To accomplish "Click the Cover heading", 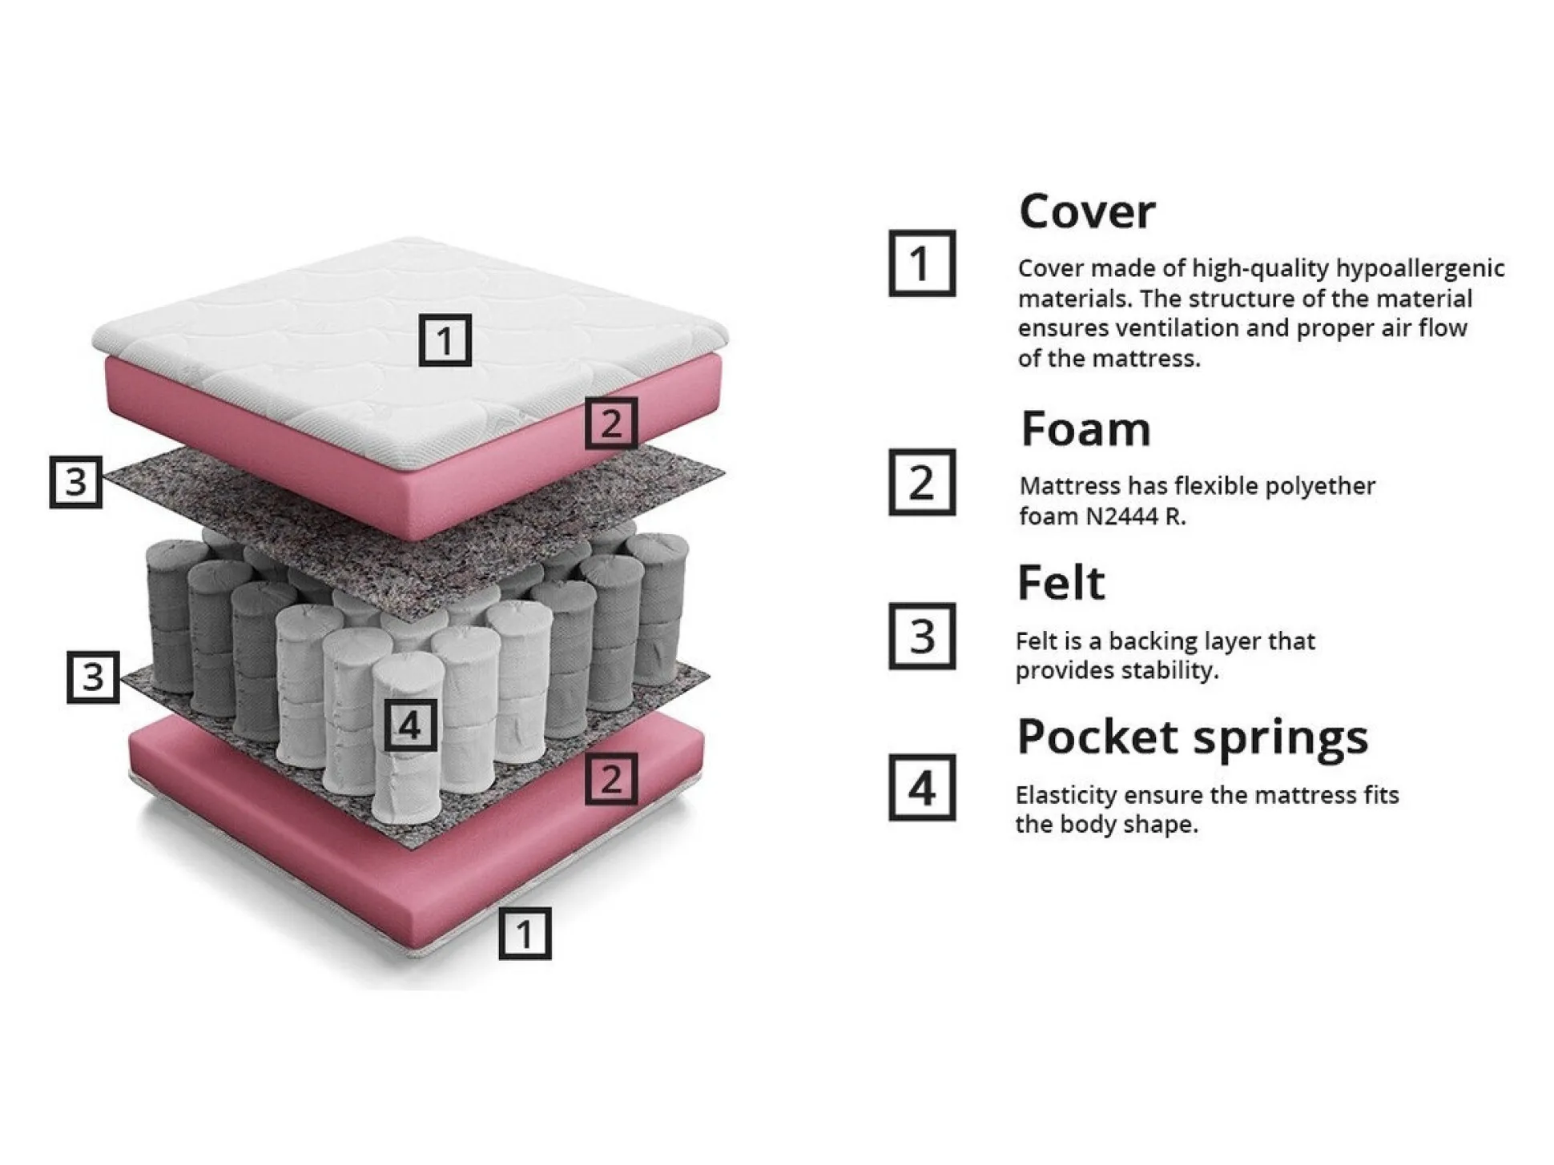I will click(1086, 212).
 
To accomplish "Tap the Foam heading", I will click(1085, 429).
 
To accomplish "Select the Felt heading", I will click(1061, 583).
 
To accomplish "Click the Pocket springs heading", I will click(1192, 737).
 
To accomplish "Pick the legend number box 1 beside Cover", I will click(922, 263).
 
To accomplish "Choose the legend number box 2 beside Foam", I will click(922, 482).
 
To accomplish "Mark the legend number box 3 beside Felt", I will click(922, 637).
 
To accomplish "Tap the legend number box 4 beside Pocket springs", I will click(922, 788).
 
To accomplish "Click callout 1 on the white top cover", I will click(445, 340).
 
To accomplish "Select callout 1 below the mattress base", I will click(525, 934).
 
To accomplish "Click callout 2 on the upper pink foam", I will click(611, 423).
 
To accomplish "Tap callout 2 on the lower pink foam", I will click(611, 778).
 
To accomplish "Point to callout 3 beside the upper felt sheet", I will click(76, 482).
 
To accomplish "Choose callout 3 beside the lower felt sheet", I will click(93, 677).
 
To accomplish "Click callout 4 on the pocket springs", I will click(410, 725).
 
